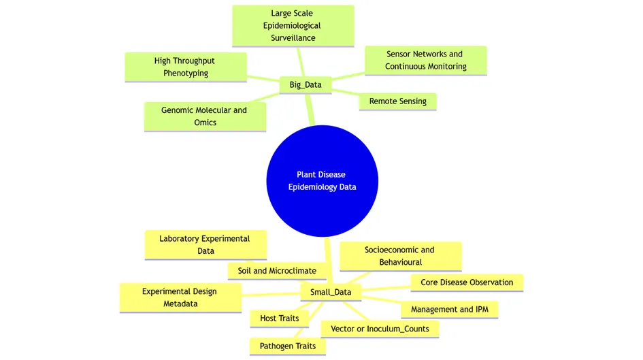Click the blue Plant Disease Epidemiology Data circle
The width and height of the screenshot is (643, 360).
(x=322, y=180)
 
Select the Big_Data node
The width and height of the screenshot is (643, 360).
(x=306, y=85)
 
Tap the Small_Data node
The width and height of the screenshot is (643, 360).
(x=331, y=292)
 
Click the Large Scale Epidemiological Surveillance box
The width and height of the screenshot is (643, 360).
(x=293, y=26)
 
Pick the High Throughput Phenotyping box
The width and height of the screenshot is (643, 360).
(x=185, y=67)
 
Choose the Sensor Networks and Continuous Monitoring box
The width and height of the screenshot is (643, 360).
(x=425, y=60)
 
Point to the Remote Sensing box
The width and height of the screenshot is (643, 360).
(x=397, y=101)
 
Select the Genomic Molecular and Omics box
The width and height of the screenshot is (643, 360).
(x=204, y=116)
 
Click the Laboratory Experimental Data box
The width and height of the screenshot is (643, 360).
(x=205, y=245)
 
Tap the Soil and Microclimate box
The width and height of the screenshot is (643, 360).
(x=276, y=271)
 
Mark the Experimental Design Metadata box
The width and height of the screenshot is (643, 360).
(x=180, y=298)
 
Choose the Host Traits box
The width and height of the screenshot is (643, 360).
(x=274, y=318)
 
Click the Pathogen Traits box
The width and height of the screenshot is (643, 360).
(x=287, y=346)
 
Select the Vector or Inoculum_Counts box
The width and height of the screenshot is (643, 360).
(x=379, y=329)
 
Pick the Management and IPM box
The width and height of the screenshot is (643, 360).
(x=449, y=310)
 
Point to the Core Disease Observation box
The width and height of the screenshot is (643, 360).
(x=467, y=282)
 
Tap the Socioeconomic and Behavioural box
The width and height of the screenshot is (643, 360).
(x=400, y=256)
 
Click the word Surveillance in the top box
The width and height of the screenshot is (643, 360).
(x=293, y=38)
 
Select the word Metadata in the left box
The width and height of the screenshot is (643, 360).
(x=180, y=304)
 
